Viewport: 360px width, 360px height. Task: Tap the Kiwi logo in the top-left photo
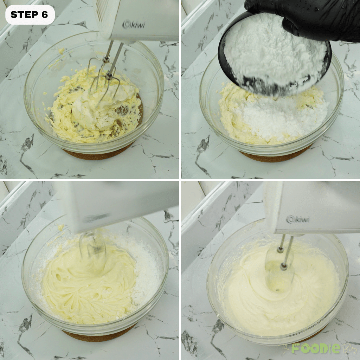(x=134, y=25)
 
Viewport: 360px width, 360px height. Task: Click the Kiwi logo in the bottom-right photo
(x=298, y=219)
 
